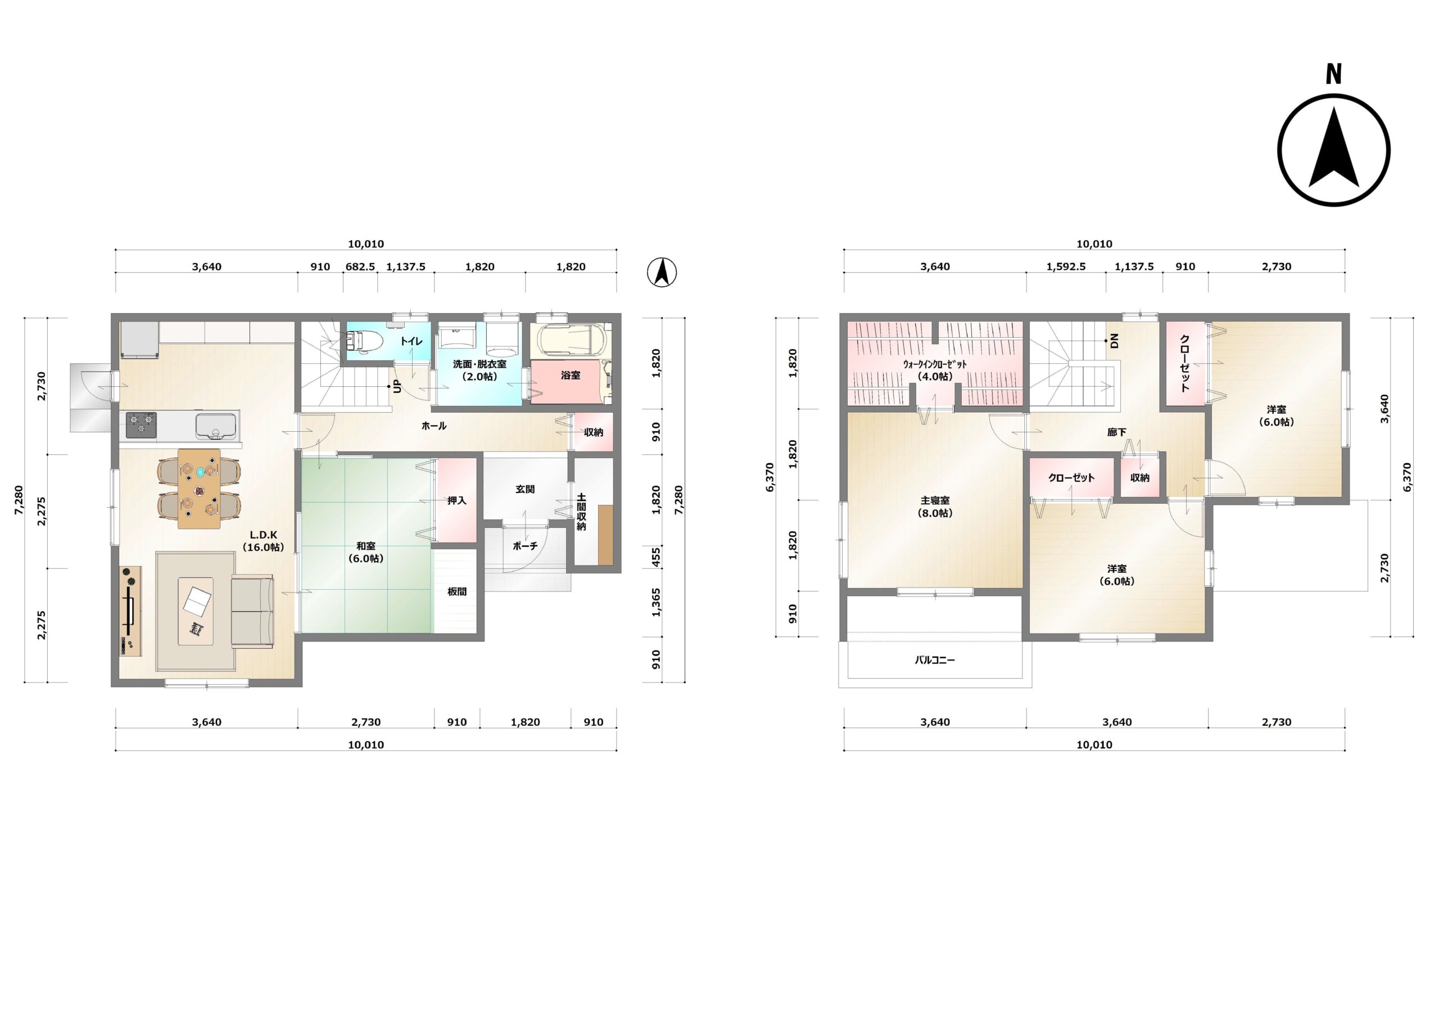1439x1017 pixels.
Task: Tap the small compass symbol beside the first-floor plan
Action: (662, 273)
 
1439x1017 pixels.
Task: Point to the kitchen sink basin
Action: (216, 426)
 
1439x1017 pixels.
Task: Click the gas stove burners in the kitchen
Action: (141, 424)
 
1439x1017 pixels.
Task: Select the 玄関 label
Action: (525, 489)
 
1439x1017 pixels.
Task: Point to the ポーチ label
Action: (525, 546)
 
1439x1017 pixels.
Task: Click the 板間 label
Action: (457, 591)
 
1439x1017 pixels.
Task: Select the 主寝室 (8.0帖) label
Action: (935, 507)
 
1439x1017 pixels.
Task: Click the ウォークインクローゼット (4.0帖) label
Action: (935, 370)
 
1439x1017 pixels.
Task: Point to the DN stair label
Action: (1114, 341)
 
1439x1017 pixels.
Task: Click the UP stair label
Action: (397, 386)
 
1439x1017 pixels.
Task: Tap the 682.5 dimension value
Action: (360, 266)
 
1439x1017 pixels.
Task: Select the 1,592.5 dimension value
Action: (1066, 266)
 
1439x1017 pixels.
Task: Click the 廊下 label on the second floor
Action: (1117, 432)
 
